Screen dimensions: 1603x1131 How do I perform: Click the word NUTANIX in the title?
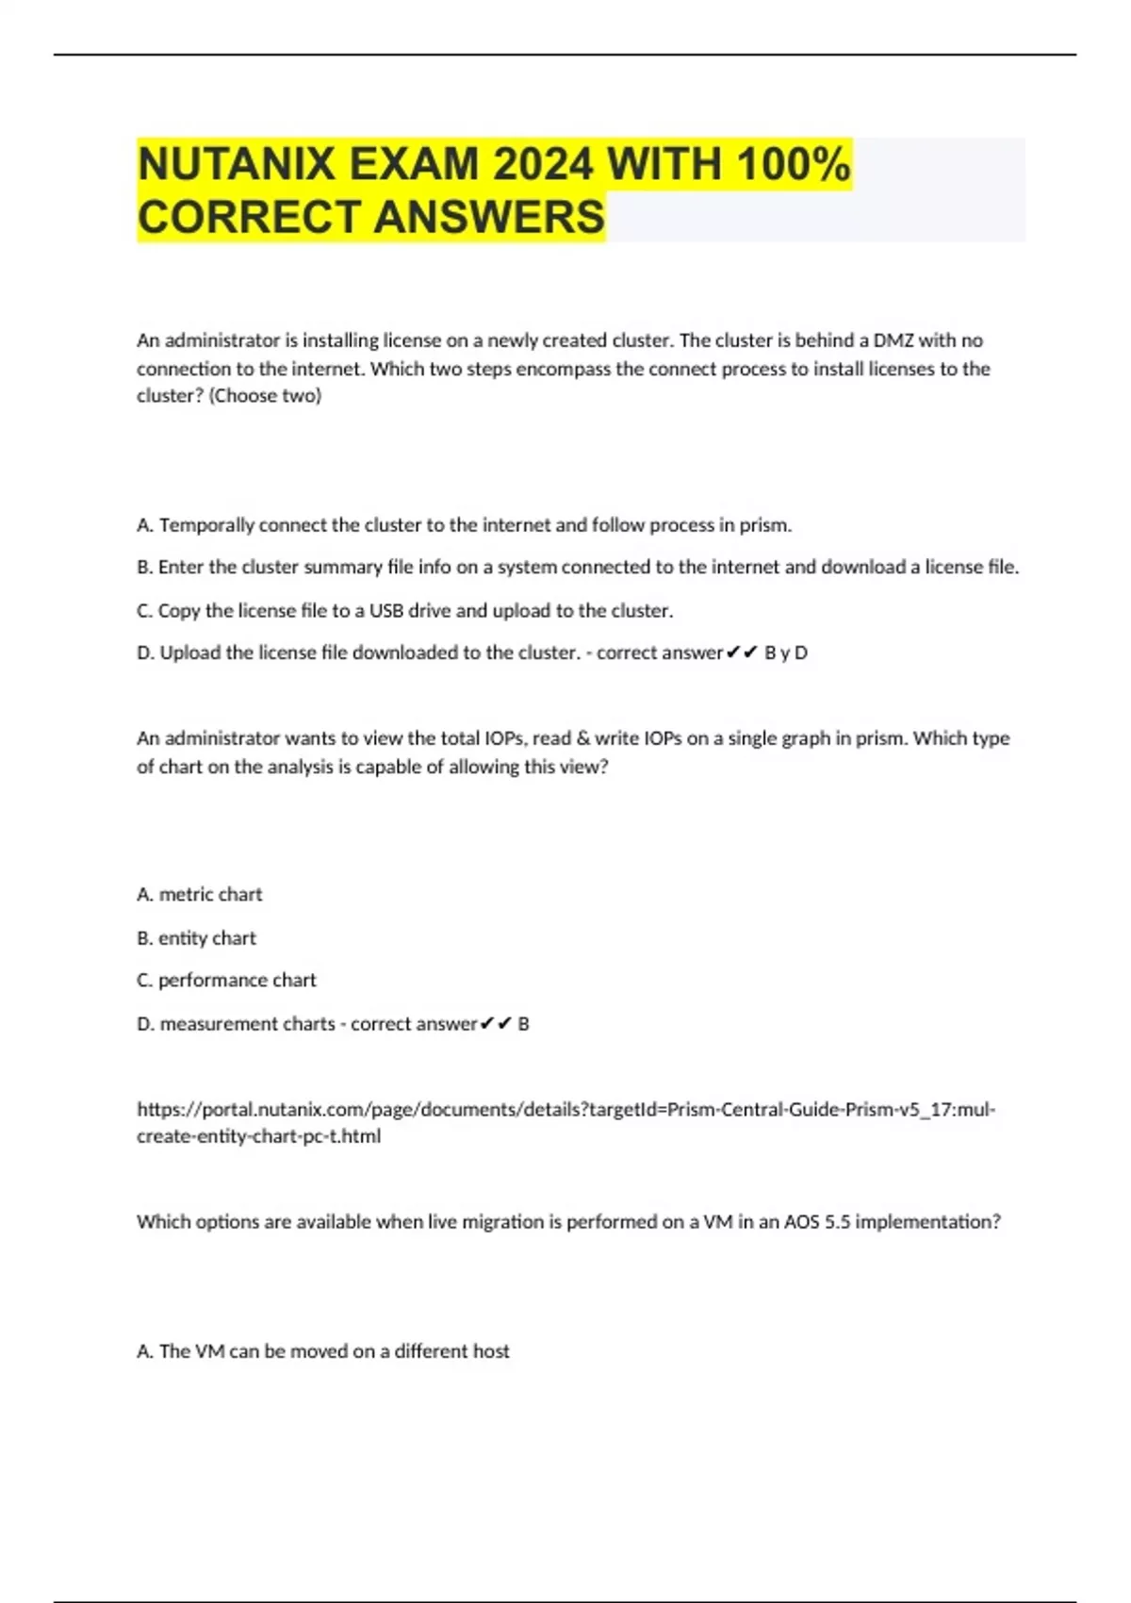pos(236,166)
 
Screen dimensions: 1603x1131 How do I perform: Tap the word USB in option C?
pos(386,611)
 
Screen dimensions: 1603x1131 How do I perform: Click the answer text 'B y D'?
pos(786,653)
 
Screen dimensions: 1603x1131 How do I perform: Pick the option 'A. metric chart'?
pos(200,895)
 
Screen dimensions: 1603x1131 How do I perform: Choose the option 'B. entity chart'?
pos(196,938)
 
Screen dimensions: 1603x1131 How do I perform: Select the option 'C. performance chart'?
pos(226,981)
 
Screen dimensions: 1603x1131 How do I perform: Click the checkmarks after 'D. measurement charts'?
pos(496,1024)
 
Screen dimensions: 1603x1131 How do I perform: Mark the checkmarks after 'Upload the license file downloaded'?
pos(743,653)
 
